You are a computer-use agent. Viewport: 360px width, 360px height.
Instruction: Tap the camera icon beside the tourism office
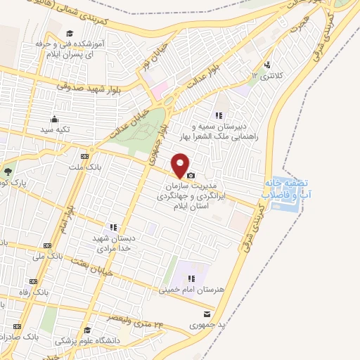click(191, 174)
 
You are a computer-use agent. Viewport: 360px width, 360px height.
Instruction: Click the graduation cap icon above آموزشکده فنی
click(70, 33)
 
